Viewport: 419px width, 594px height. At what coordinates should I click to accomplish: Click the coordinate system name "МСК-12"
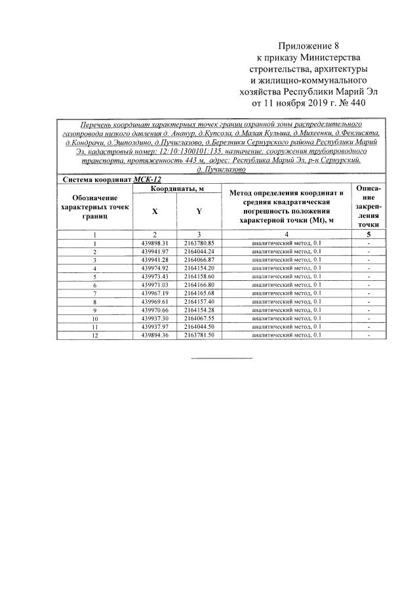click(148, 179)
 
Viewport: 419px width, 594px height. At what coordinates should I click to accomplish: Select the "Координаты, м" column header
click(177, 188)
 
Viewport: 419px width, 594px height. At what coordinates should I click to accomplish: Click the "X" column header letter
click(155, 211)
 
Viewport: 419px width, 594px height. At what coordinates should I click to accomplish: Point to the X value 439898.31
click(155, 243)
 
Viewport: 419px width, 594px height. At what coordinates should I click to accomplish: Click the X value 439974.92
click(155, 268)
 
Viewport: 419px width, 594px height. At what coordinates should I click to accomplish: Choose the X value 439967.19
click(155, 293)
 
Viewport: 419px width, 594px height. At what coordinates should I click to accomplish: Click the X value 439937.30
click(155, 318)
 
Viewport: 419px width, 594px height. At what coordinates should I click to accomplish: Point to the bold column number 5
click(369, 234)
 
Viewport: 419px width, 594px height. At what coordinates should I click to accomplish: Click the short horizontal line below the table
click(221, 358)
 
